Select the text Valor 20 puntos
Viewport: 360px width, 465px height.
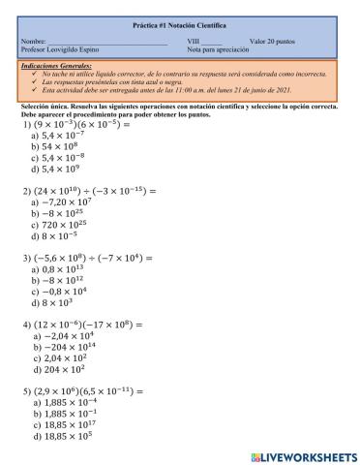coord(275,41)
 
